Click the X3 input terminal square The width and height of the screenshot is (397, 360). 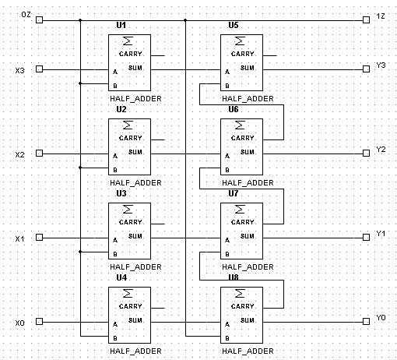pos(39,69)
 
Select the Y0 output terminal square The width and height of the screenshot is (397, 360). pos(366,321)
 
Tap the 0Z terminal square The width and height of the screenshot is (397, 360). pos(39,19)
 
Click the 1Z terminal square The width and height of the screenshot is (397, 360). pos(366,19)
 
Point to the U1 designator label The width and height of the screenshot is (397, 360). pos(121,25)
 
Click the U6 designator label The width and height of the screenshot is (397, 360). pos(234,109)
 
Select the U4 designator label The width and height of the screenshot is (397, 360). pos(121,277)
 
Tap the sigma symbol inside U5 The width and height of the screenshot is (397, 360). pos(240,41)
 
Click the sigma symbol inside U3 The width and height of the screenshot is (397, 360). pos(128,209)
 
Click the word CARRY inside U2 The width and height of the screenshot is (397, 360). pos(131,138)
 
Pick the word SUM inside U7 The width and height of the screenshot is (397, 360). pos(248,236)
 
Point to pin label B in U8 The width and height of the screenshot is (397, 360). pos(227,338)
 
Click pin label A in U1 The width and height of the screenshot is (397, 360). pos(115,72)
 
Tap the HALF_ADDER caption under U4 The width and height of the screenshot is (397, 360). pos(135,351)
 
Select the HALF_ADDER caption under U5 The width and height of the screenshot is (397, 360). pos(248,99)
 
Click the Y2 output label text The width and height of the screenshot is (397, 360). pos(381,150)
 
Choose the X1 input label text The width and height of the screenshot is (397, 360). pos(19,238)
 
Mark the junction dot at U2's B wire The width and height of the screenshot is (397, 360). pos(80,168)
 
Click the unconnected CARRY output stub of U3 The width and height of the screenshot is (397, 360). pos(157,224)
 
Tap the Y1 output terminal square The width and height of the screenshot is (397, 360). pos(366,237)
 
